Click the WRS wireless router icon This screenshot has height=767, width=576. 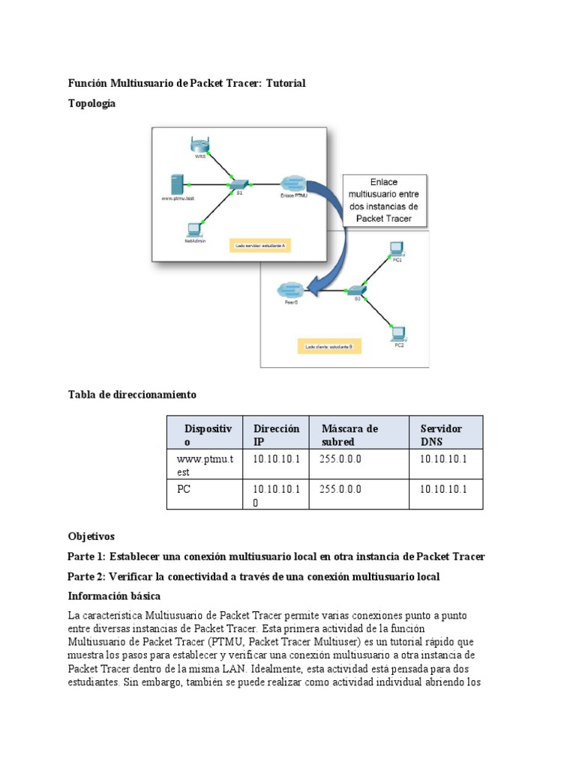pos(200,145)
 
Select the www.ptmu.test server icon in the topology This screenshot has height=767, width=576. pos(177,184)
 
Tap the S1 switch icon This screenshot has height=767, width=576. pos(238,184)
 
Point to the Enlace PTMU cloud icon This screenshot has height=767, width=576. pos(292,183)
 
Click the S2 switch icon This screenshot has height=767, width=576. pos(358,289)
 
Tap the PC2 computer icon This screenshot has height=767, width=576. pos(398,333)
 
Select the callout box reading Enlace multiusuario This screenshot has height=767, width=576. pos(384,200)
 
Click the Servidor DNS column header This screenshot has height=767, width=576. pos(441,435)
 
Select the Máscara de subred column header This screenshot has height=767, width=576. pos(349,435)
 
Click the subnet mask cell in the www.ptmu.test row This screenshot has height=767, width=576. pos(340,459)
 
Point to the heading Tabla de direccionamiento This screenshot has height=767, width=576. pos(132,394)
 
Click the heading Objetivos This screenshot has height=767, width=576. pos(91,536)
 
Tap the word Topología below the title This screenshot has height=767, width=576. pos(91,103)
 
